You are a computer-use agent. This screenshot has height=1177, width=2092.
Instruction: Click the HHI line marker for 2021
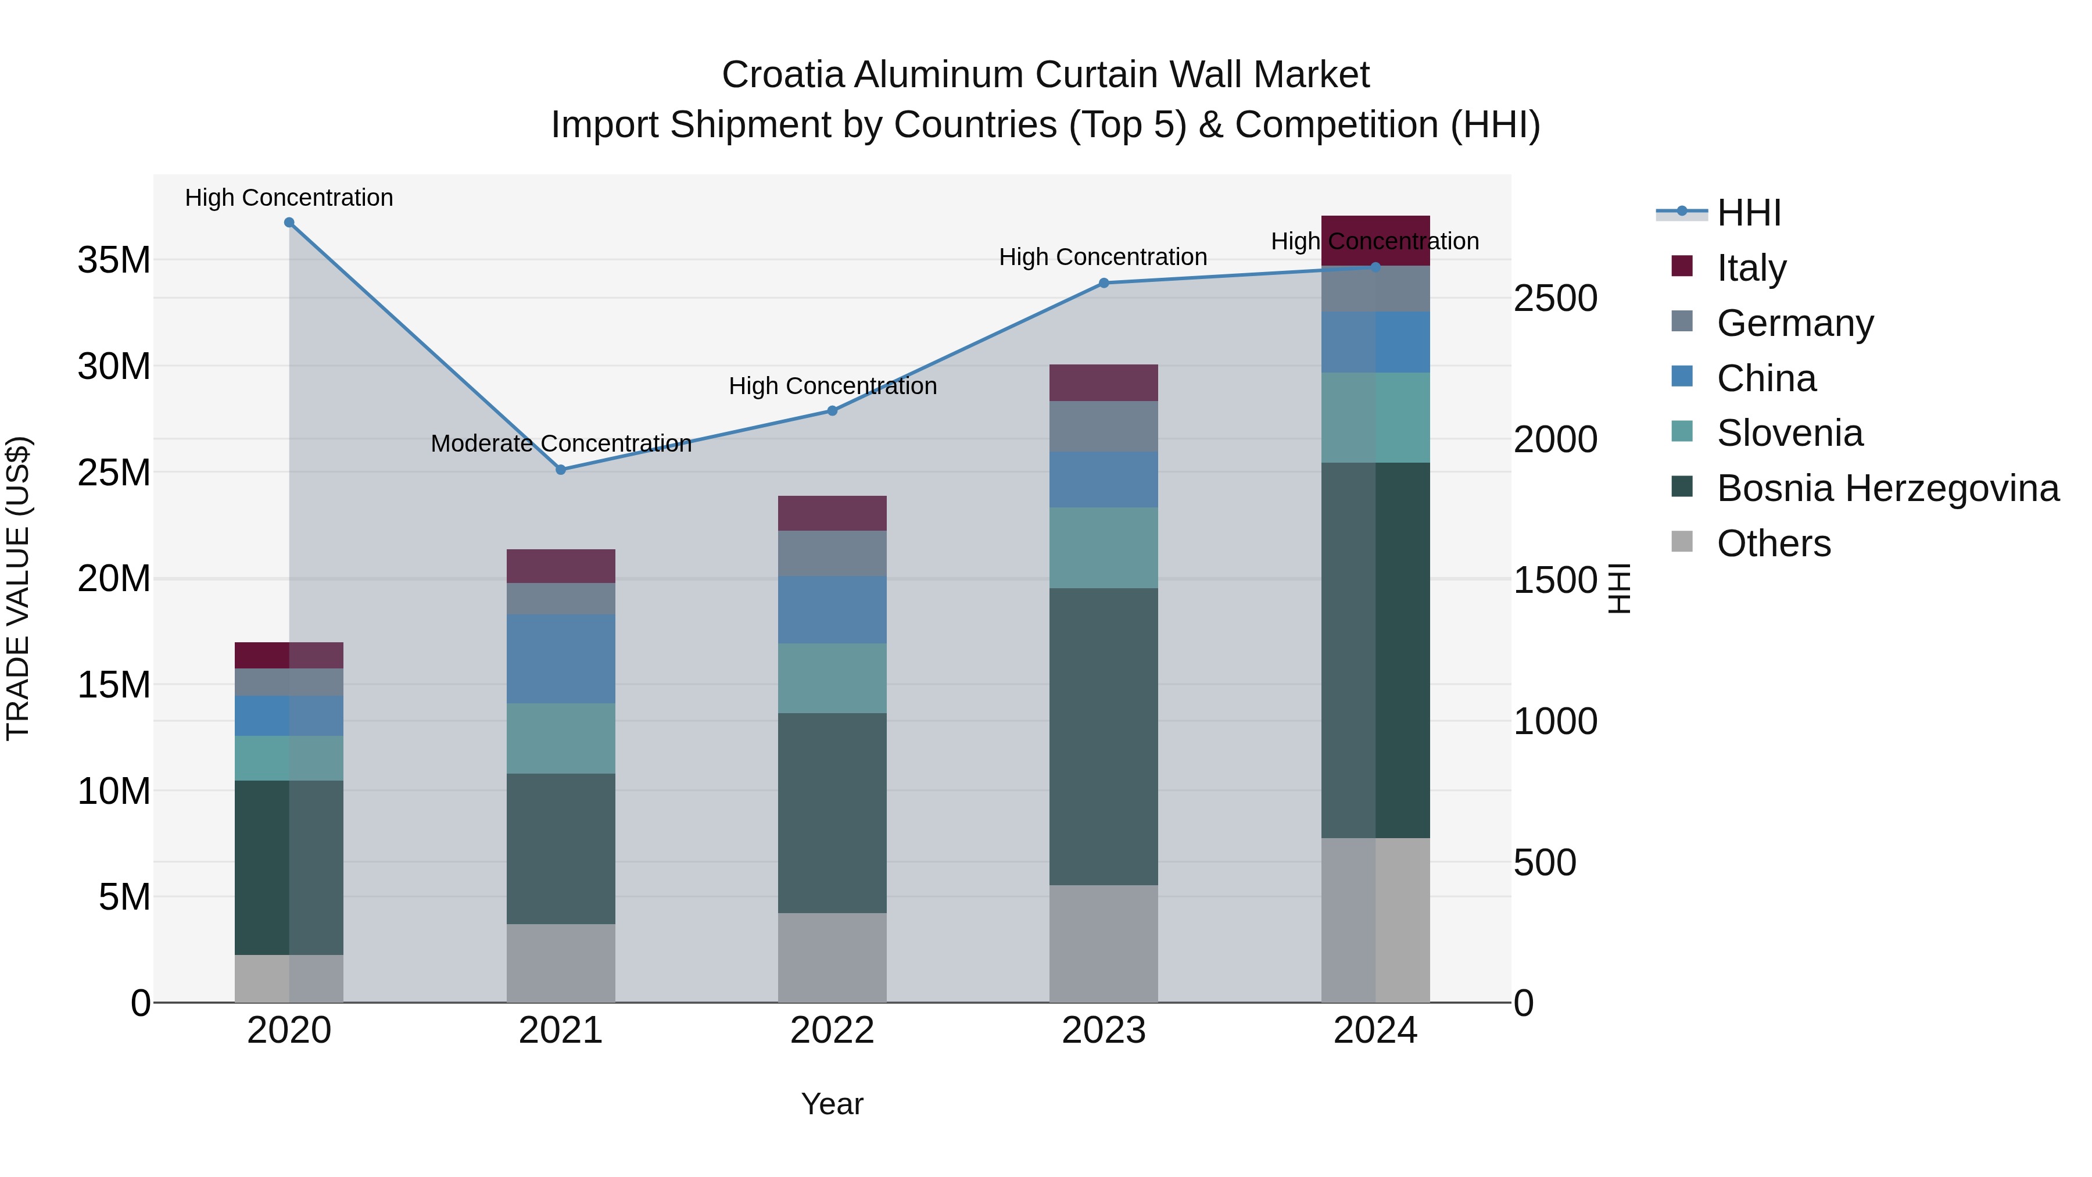(x=560, y=470)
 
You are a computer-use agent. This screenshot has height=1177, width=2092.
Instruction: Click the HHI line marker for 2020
(x=289, y=223)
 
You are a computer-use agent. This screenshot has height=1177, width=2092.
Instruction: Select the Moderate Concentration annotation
(x=561, y=443)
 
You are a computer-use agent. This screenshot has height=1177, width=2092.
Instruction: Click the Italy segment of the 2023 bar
(x=1104, y=382)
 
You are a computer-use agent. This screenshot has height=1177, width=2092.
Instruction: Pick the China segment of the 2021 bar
(x=560, y=659)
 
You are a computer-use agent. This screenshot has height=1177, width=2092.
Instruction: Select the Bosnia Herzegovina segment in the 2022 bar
(x=832, y=813)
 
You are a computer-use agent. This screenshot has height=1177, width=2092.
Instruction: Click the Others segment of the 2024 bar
(x=1375, y=920)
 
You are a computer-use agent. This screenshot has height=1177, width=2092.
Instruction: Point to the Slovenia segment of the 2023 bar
(x=1104, y=548)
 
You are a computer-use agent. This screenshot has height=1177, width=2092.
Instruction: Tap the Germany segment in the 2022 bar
(x=832, y=553)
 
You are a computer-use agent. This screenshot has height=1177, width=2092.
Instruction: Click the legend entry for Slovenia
(x=1789, y=433)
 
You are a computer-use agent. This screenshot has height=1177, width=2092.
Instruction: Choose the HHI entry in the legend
(x=1749, y=213)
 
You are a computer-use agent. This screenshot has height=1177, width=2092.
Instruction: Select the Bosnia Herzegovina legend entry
(x=1886, y=488)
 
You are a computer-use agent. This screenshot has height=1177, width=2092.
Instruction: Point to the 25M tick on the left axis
(x=114, y=473)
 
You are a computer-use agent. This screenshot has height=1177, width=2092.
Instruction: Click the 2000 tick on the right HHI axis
(x=1555, y=439)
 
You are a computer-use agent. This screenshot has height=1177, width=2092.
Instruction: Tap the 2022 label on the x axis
(x=832, y=1031)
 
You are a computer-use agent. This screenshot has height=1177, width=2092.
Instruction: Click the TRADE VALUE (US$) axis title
(x=18, y=588)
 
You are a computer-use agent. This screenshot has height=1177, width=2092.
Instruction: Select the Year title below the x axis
(x=832, y=1104)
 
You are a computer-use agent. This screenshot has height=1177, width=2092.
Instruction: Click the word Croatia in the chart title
(x=782, y=75)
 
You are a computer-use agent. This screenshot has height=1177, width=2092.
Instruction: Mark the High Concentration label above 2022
(x=832, y=386)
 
